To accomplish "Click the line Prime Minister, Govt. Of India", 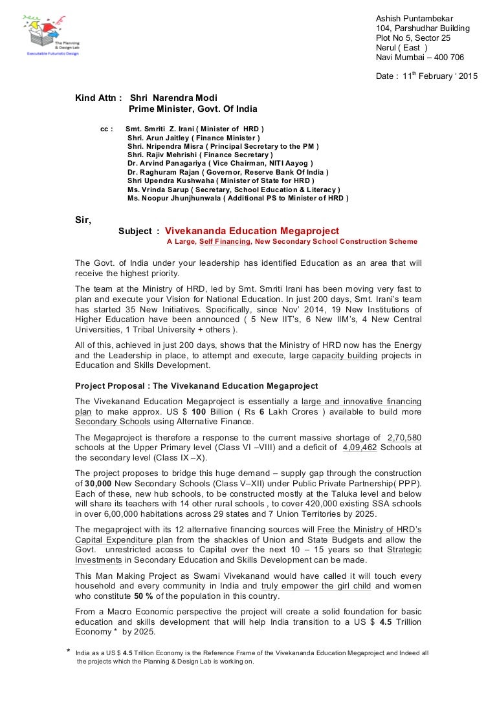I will (x=193, y=109).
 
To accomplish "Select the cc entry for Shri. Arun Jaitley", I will (x=193, y=138).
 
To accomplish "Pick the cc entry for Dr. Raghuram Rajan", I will (x=228, y=173).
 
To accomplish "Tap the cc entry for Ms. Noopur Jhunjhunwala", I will (x=237, y=199).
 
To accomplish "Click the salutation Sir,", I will (x=83, y=220).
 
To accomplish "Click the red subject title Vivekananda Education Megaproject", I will (x=252, y=231).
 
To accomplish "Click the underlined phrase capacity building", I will (x=344, y=356).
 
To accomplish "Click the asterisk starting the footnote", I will (x=69, y=653).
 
